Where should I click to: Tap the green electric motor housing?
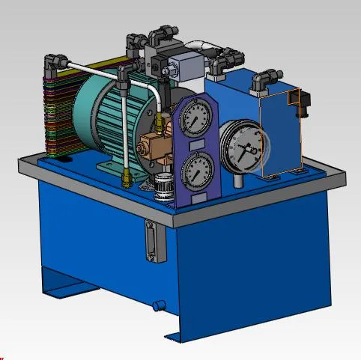[105, 112]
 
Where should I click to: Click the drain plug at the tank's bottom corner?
[159, 305]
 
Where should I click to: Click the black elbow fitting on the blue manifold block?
[264, 82]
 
